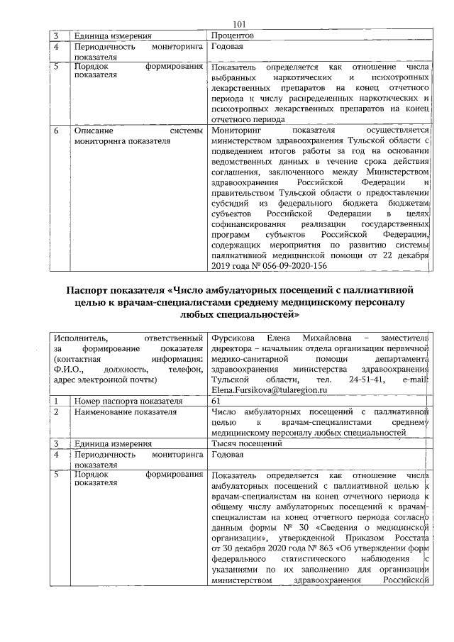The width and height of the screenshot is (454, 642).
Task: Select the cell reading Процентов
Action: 233,35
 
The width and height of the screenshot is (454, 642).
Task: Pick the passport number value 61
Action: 216,401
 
